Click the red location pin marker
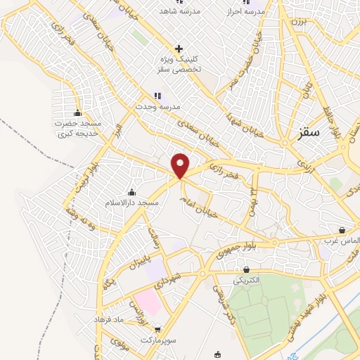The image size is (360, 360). click(181, 165)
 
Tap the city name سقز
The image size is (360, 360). click(308, 131)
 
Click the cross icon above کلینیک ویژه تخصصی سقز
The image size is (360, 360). click(179, 49)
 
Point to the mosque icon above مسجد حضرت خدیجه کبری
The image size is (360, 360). click(78, 113)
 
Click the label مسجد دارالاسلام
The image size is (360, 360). click(131, 202)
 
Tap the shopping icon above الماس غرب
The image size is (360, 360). click(342, 230)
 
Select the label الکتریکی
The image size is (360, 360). click(246, 279)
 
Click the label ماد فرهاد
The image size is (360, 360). click(109, 319)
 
